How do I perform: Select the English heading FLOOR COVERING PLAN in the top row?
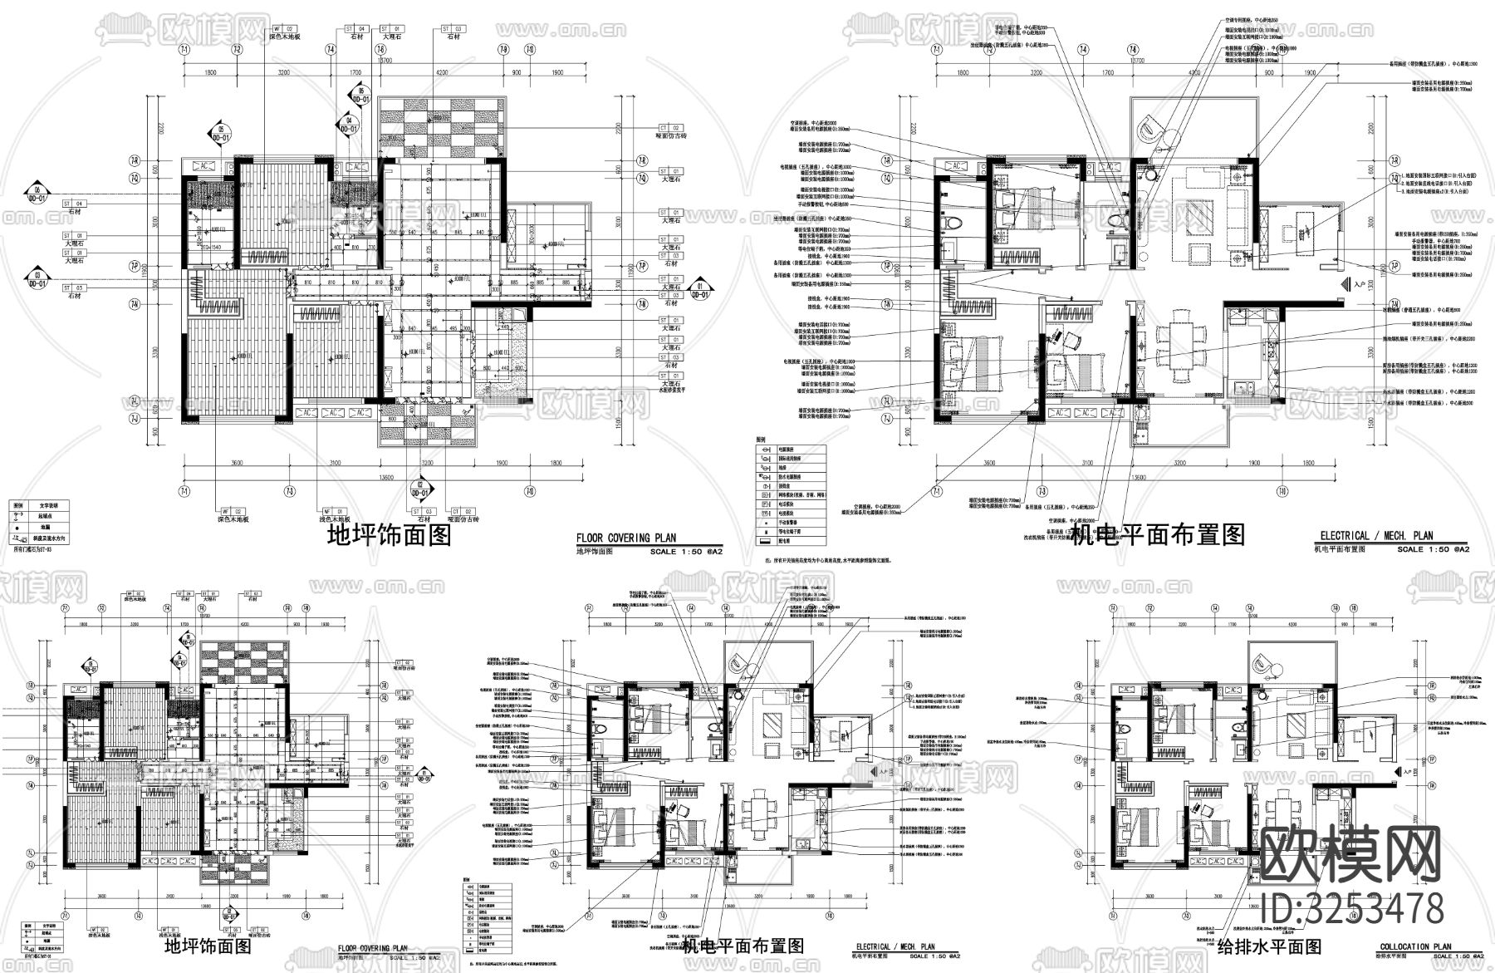(626, 538)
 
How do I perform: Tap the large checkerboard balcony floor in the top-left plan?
(440, 126)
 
